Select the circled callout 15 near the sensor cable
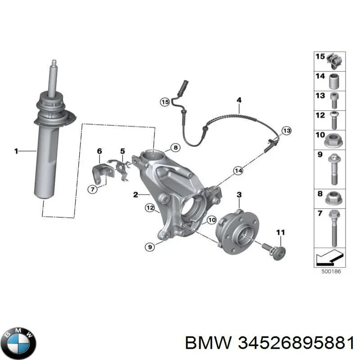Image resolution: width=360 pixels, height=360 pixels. click(x=165, y=102)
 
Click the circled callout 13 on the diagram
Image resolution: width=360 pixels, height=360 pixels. click(x=287, y=130)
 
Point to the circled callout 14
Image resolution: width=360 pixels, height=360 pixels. click(x=238, y=170)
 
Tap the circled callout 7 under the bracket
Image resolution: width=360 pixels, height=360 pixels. click(x=93, y=189)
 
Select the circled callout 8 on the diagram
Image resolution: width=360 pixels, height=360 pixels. click(x=175, y=147)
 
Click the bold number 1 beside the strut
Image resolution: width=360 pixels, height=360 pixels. click(x=16, y=152)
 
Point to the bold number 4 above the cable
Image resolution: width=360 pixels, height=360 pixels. click(x=238, y=100)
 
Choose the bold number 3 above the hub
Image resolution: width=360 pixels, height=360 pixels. click(x=239, y=194)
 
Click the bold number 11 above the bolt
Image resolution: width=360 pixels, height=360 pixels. click(x=280, y=232)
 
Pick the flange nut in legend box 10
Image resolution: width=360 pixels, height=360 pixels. click(x=333, y=140)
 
